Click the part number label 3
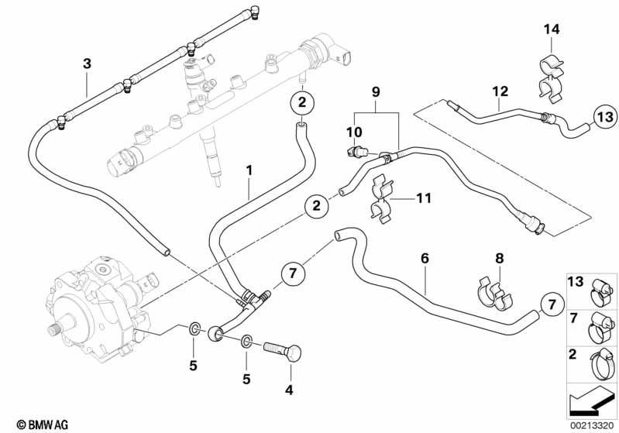(x=87, y=63)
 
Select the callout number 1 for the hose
(x=249, y=168)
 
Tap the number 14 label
(x=551, y=29)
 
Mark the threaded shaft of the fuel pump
(x=55, y=329)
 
